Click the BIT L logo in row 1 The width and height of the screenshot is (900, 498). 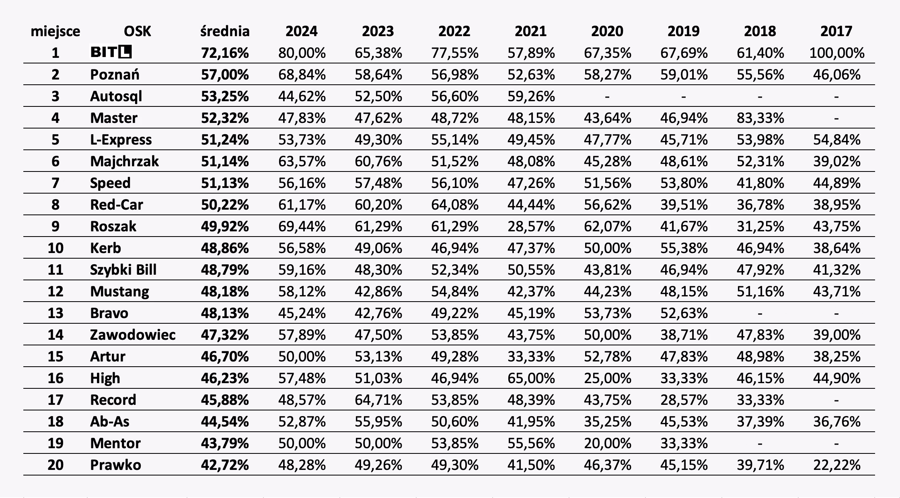click(111, 52)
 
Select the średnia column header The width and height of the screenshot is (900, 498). click(225, 31)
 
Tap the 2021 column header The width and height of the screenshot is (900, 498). click(530, 31)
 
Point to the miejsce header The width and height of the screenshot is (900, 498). click(55, 31)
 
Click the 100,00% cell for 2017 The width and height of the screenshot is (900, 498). click(836, 53)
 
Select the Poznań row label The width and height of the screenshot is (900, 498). click(115, 75)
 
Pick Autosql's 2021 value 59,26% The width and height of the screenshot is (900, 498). click(531, 96)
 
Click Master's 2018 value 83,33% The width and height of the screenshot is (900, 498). click(760, 118)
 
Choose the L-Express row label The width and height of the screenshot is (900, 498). click(121, 140)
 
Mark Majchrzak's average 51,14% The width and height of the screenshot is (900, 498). click(225, 161)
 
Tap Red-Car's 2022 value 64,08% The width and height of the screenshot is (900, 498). click(454, 205)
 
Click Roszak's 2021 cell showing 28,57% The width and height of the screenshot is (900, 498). click(531, 227)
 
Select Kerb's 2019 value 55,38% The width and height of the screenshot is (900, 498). click(684, 248)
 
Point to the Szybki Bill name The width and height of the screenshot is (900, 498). click(123, 270)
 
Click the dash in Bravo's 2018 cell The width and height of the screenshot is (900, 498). click(760, 313)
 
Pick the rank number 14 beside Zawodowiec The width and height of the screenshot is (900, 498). click(55, 335)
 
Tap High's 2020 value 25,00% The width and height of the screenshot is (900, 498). click(607, 378)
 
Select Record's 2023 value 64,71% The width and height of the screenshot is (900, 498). click(378, 400)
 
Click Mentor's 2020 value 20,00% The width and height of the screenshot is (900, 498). click(607, 443)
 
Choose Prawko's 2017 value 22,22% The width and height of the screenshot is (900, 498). click(836, 465)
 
